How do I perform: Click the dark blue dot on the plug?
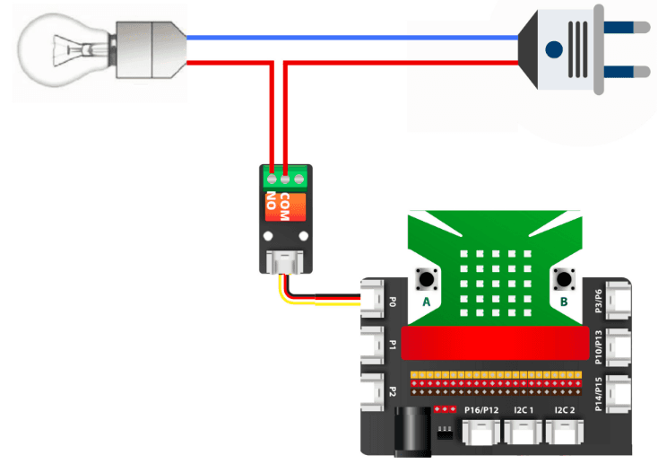pos(554,48)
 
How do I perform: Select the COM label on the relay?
pos(285,206)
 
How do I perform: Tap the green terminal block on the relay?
pos(284,172)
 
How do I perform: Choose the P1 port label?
pos(392,345)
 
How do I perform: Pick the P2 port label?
pos(392,392)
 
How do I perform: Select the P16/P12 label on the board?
pos(482,410)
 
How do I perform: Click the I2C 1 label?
pos(524,410)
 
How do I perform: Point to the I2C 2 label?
pos(565,410)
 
